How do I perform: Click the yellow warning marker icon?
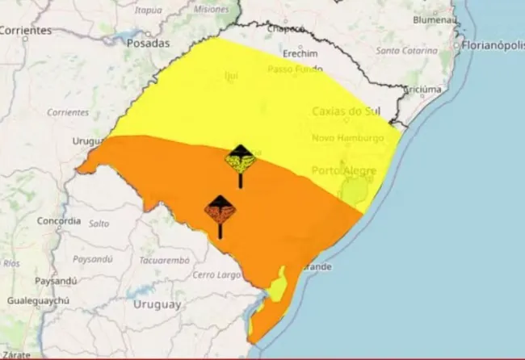click(240, 159)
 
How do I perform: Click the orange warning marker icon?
click(220, 211)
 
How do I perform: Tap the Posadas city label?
click(148, 43)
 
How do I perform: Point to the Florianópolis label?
click(492, 45)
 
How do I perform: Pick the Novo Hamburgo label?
click(348, 139)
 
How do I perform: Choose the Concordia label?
click(59, 220)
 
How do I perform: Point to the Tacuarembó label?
click(164, 261)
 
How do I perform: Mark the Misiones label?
click(211, 10)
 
